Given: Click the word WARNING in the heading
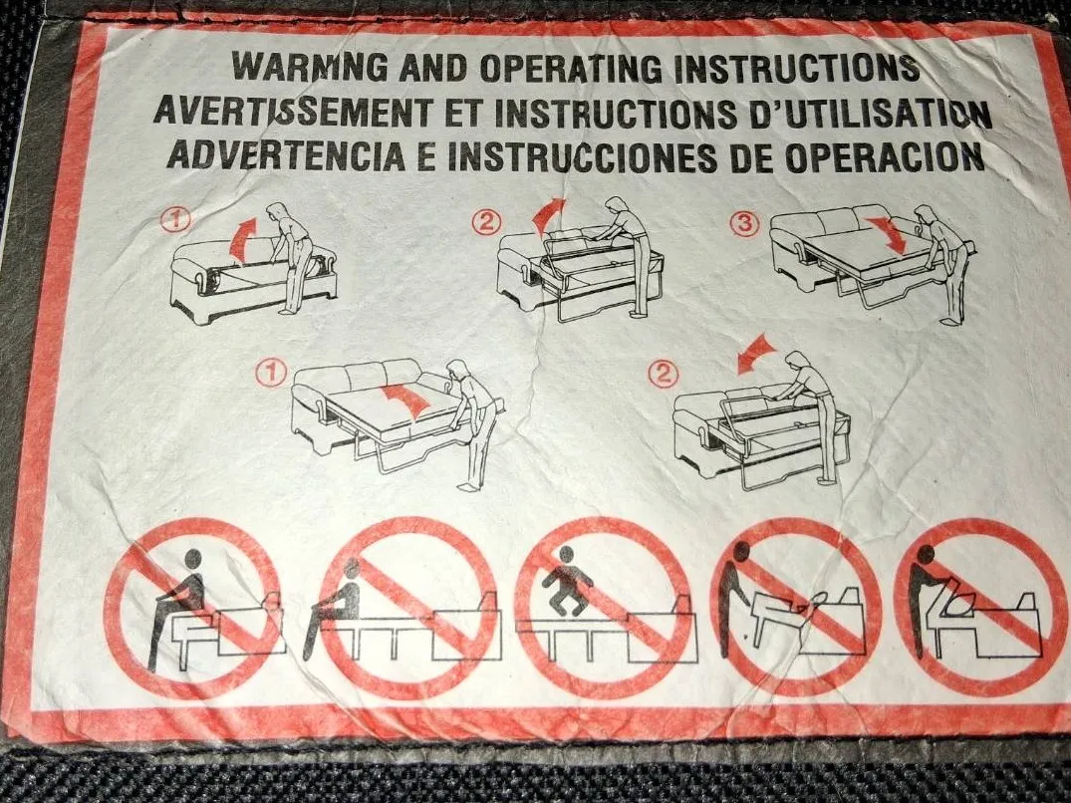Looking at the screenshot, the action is (310, 66).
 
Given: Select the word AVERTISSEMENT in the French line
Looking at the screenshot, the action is (293, 112).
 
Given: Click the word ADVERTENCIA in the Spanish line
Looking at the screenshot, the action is (286, 155).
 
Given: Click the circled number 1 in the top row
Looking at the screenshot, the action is (176, 220).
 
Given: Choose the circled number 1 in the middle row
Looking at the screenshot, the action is (270, 373).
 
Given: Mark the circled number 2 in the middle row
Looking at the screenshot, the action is (664, 374).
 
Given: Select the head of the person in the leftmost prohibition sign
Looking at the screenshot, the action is (193, 559).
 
